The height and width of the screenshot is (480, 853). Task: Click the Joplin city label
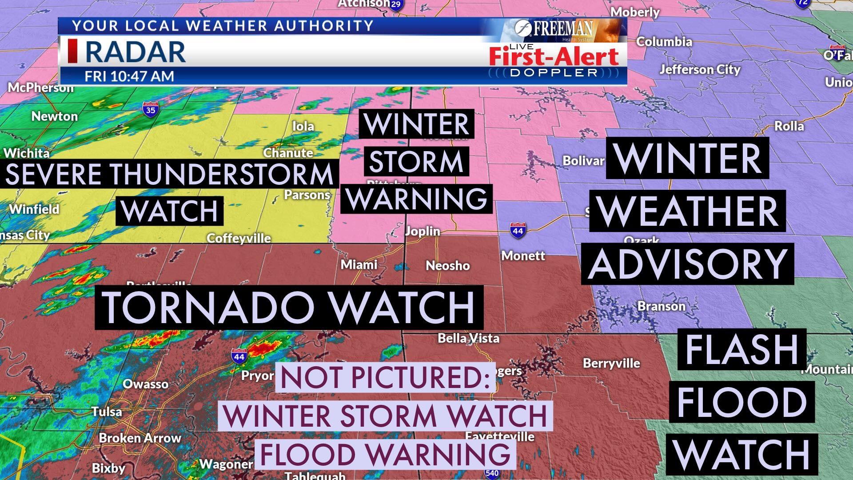pos(423,231)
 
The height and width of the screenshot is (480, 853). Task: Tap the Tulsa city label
pos(107,412)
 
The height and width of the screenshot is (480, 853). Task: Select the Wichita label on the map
pos(27,153)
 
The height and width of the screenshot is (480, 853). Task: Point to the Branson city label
pos(662,306)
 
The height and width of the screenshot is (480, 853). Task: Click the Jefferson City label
pos(700,70)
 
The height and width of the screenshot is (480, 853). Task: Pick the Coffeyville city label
pos(239,238)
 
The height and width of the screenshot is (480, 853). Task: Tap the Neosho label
pos(447,265)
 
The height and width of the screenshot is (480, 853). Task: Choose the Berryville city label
pos(611,363)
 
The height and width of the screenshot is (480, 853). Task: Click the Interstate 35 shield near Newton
pos(151,109)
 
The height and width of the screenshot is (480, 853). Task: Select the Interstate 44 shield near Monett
pos(518,230)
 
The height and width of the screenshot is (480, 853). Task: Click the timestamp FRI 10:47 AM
pos(129,76)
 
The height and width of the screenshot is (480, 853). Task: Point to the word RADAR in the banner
pos(135,52)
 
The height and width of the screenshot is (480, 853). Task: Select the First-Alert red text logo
pos(554,56)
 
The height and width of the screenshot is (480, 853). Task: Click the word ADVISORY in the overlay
pos(687,264)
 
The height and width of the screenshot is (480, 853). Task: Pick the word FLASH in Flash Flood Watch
pos(741,349)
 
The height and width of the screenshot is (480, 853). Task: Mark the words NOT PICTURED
pos(385,377)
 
